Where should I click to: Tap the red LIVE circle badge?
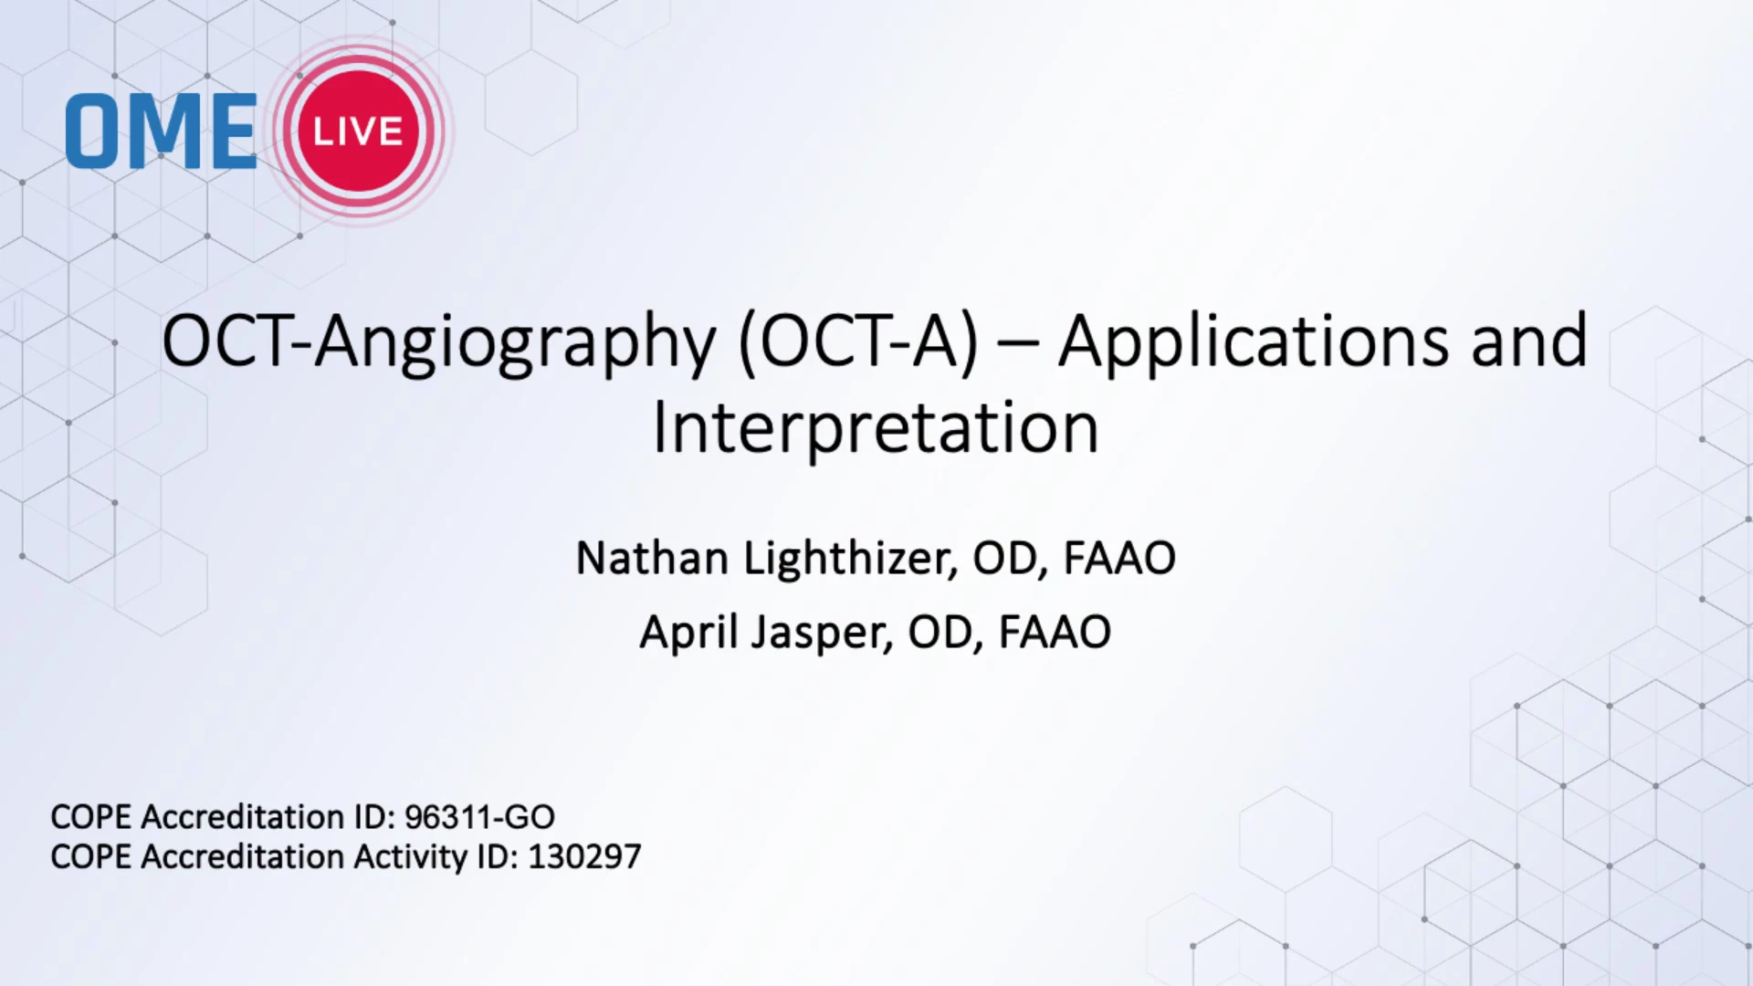click(358, 131)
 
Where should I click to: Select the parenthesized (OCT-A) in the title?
click(857, 342)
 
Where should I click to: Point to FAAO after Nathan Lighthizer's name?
click(1120, 558)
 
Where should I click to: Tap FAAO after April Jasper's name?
click(1055, 632)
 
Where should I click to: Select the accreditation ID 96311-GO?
click(479, 816)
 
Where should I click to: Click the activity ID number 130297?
click(584, 856)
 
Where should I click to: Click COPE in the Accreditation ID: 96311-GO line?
click(90, 816)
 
